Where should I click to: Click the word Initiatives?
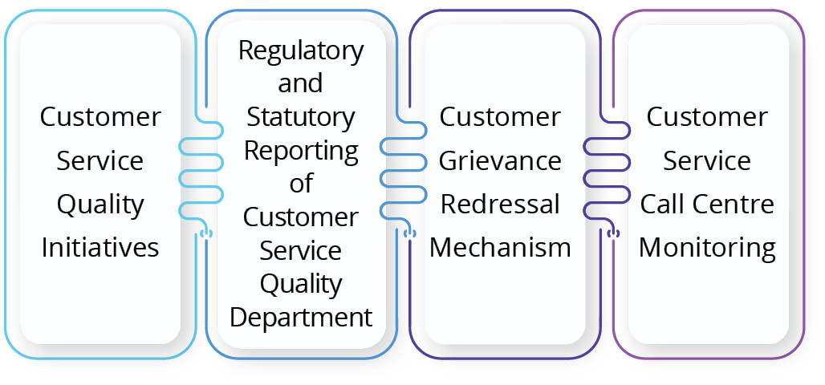100,247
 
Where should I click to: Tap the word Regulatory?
301,51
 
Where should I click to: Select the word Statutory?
301,117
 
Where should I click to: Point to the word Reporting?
301,150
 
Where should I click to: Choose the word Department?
301,317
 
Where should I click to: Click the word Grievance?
500,160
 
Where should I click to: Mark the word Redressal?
500,204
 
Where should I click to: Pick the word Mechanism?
500,247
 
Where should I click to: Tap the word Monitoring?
707,247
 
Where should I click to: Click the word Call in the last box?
666,204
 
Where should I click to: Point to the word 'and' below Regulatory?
301,83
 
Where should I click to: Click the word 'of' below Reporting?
301,184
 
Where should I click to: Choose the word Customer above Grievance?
500,117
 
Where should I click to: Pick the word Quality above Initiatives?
100,204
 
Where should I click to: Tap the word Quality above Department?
301,283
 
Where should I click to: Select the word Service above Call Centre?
707,160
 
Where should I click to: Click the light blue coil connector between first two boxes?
200,172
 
